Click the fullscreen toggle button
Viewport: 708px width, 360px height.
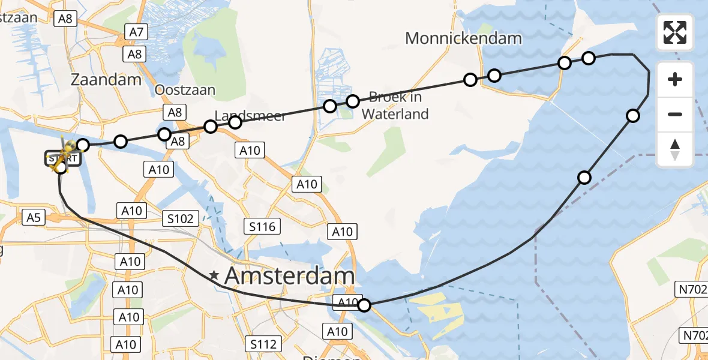[675, 32]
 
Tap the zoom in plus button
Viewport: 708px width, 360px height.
[675, 79]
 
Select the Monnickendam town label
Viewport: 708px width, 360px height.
[463, 38]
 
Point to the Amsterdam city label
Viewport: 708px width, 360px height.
[289, 276]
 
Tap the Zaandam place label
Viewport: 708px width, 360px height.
[106, 79]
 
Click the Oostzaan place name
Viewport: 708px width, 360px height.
[185, 90]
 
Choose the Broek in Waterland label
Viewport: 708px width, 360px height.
[395, 105]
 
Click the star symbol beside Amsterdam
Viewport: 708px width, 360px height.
[214, 276]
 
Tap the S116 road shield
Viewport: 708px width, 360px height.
[263, 226]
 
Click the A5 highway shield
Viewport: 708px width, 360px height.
[33, 217]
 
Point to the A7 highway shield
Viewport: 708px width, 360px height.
[136, 32]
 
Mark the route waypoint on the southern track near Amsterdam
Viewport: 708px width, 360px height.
[364, 305]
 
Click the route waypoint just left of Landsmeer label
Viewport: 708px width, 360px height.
[210, 127]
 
